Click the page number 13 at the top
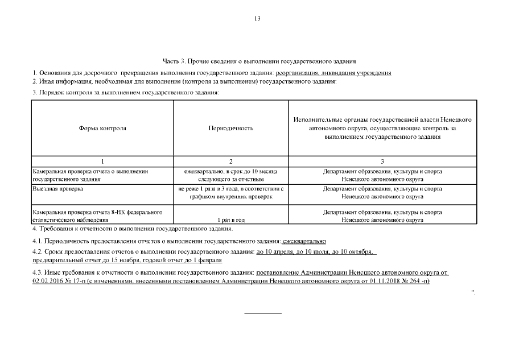[257, 19]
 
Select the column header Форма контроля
[102, 128]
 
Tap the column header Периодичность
[230, 128]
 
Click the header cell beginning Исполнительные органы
[382, 129]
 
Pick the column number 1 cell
[102, 162]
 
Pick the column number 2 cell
[230, 162]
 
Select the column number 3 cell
[382, 162]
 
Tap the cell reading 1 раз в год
[230, 220]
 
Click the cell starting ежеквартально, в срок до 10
[230, 175]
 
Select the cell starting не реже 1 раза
[230, 192]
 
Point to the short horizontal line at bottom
[263, 313]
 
